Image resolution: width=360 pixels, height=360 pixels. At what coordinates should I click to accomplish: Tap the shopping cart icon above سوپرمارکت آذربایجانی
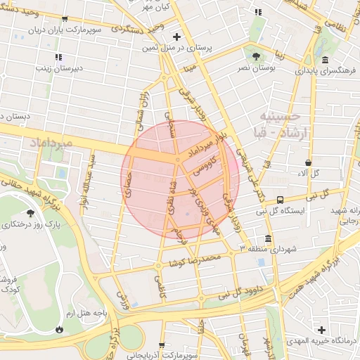163,345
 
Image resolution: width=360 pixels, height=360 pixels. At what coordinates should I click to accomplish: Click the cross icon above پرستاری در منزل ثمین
176,36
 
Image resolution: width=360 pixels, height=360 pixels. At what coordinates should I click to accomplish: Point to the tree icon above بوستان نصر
255,56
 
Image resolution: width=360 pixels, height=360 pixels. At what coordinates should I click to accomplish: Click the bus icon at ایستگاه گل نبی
281,200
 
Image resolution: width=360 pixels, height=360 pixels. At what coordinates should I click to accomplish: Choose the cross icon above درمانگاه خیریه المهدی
321,330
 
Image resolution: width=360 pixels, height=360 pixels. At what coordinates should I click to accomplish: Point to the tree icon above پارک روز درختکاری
30,213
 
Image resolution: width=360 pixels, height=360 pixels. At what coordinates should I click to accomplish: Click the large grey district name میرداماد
51,143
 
